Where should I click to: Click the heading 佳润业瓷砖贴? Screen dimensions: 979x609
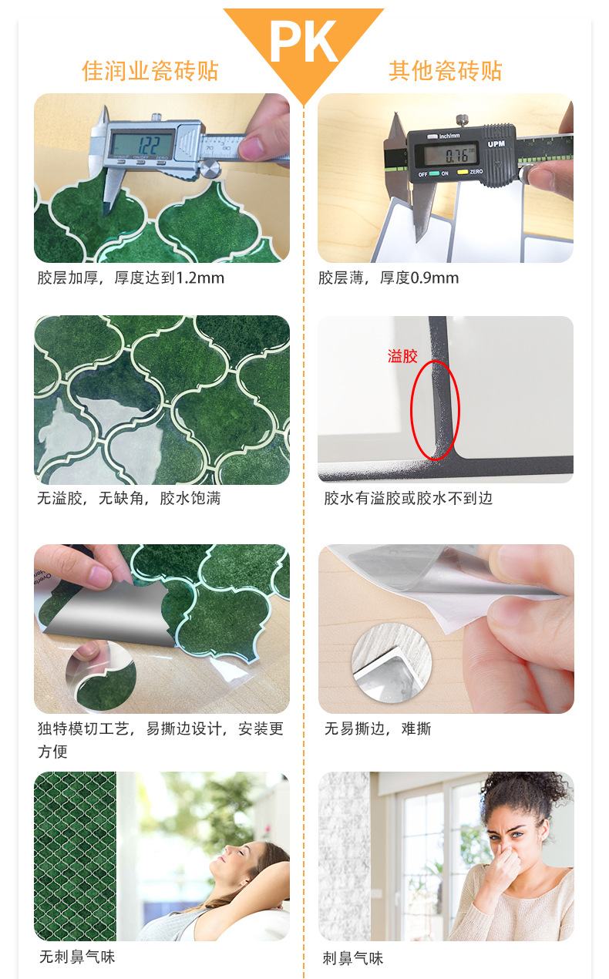(x=150, y=71)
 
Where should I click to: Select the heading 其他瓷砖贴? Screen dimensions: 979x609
(x=445, y=71)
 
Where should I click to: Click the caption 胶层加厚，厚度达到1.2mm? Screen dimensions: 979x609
(x=131, y=278)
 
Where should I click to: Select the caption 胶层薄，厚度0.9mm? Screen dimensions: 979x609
(x=389, y=278)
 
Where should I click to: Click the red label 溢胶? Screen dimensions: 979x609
(x=402, y=356)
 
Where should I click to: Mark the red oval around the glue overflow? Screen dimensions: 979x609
(x=434, y=410)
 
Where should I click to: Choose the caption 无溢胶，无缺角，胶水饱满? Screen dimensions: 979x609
(x=129, y=498)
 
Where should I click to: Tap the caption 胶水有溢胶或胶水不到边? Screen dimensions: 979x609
(x=408, y=498)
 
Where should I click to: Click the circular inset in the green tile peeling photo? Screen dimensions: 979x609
(x=100, y=675)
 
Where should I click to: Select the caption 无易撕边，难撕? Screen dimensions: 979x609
(x=377, y=728)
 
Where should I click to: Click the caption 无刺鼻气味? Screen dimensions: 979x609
(x=77, y=957)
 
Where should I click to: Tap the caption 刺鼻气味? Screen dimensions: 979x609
(x=353, y=958)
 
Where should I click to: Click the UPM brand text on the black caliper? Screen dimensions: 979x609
(x=496, y=143)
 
